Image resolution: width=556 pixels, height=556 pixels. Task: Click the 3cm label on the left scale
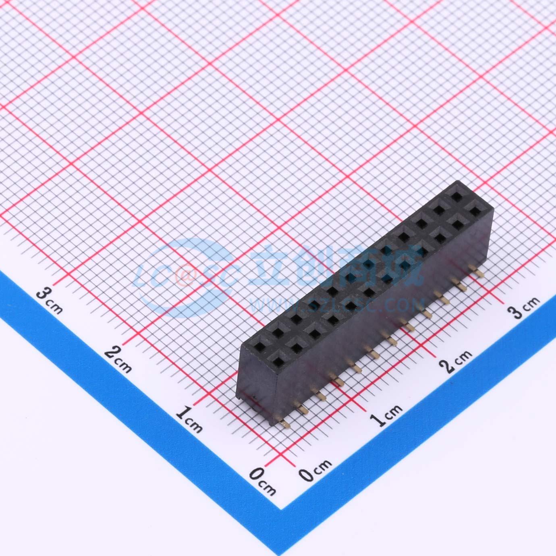tap(49, 301)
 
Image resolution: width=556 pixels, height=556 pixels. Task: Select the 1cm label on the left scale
tap(189, 419)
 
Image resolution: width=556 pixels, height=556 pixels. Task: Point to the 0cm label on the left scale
tap(262, 481)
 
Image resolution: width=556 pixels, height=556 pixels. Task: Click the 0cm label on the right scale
tap(315, 471)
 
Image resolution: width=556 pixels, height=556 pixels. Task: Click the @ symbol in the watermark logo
tap(185, 276)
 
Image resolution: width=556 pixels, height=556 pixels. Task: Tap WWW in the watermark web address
tap(270, 305)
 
